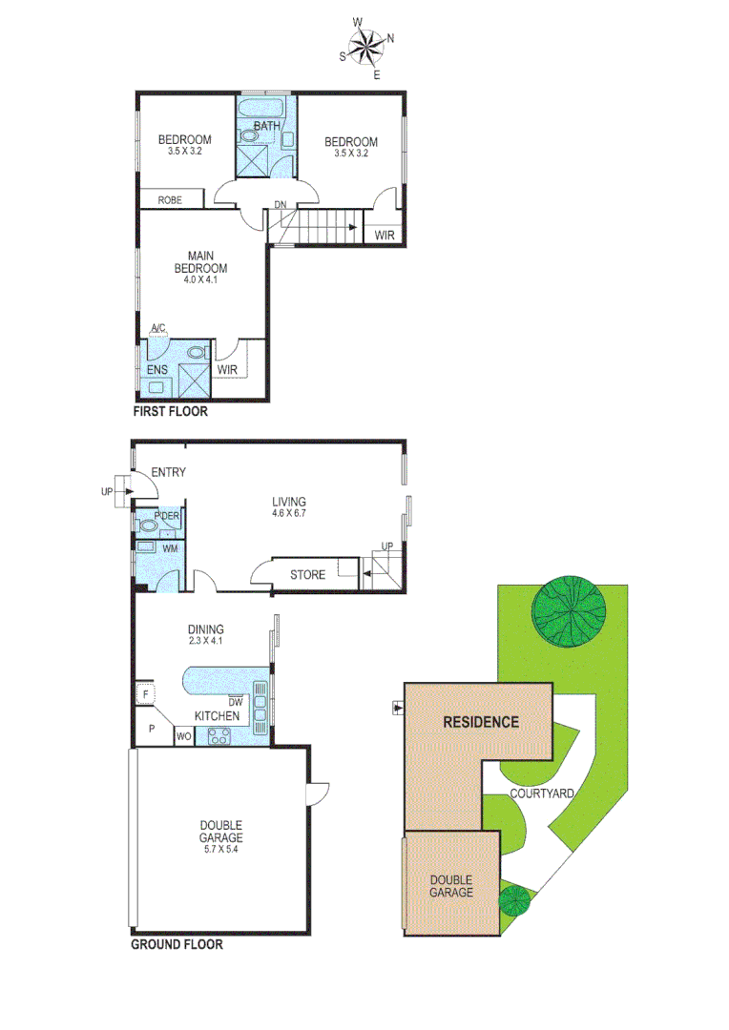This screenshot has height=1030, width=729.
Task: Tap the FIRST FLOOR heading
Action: [x=170, y=413]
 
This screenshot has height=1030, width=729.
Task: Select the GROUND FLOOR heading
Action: [x=177, y=945]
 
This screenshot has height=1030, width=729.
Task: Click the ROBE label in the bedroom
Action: [x=170, y=200]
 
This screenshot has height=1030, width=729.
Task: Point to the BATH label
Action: [x=266, y=125]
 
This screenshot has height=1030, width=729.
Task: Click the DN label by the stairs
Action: [x=280, y=205]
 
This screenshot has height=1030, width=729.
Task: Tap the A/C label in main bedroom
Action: [x=158, y=329]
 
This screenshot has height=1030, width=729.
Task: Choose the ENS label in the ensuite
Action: [x=157, y=370]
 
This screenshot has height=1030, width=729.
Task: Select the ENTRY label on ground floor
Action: [x=168, y=472]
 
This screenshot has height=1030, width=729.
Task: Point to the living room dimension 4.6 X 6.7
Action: [x=288, y=513]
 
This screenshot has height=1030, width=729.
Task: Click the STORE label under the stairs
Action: [x=307, y=575]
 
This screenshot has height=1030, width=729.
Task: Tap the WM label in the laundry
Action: [x=170, y=548]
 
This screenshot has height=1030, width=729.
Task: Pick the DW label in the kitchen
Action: [x=237, y=701]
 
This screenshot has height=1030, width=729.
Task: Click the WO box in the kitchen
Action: [x=183, y=736]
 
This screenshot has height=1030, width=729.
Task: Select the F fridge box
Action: [x=146, y=694]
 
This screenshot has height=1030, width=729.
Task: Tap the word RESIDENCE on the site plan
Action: [x=481, y=721]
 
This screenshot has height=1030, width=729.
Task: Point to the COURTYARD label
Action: [x=541, y=793]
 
